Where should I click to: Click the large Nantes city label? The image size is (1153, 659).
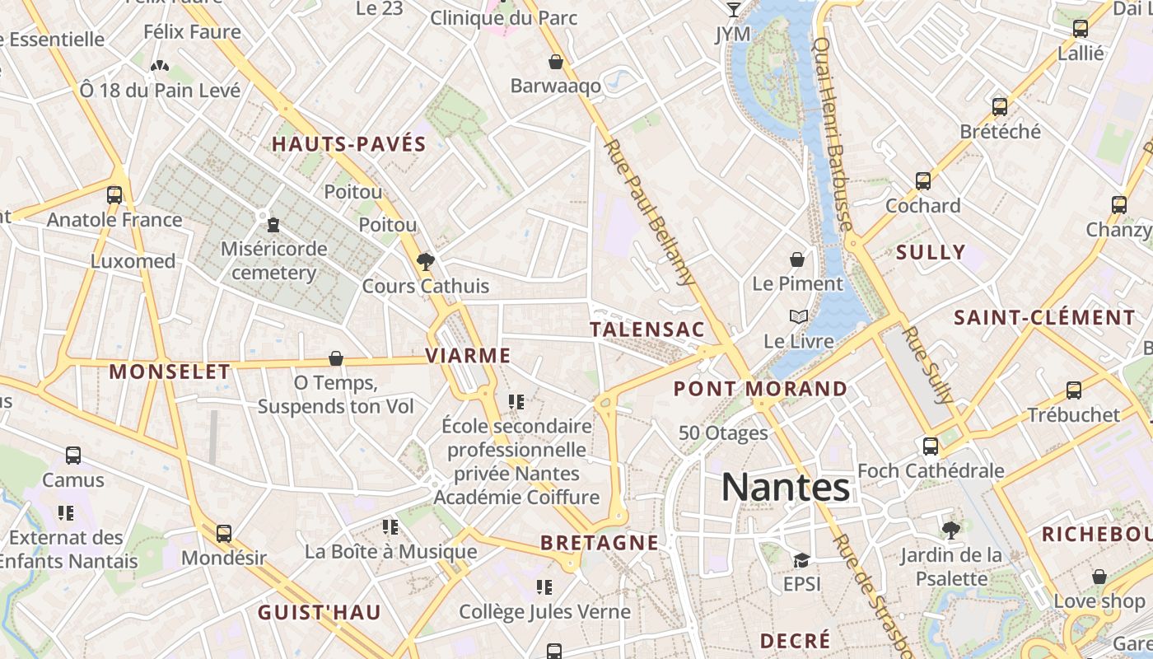coord(785,487)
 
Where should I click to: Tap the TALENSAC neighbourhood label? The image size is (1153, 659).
coord(647,329)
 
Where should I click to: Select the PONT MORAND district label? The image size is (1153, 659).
coord(760,388)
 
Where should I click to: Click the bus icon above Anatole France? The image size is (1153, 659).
coord(114,195)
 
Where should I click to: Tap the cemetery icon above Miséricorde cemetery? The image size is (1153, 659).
coord(273,223)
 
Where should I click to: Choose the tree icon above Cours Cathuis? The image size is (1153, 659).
coord(426,262)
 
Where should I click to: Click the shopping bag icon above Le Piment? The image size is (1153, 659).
coord(797,259)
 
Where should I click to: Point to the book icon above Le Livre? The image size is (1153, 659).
coord(798,316)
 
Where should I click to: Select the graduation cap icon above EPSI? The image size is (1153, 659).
coord(801,560)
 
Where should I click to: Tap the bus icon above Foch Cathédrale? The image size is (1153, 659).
coord(931,446)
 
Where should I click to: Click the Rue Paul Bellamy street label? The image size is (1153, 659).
coord(651,213)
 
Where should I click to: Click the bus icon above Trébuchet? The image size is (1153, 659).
coord(1074,390)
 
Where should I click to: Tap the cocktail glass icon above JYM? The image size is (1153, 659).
coord(733,10)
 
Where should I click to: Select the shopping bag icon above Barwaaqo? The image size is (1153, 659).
coord(556,62)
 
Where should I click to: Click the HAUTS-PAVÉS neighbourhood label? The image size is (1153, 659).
coord(349,144)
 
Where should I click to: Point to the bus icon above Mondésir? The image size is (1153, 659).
coord(224,534)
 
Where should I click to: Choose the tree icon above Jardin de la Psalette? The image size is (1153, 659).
coord(951,530)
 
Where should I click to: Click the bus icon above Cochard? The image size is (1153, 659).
coord(923,181)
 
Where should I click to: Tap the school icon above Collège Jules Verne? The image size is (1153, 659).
coord(544,587)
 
